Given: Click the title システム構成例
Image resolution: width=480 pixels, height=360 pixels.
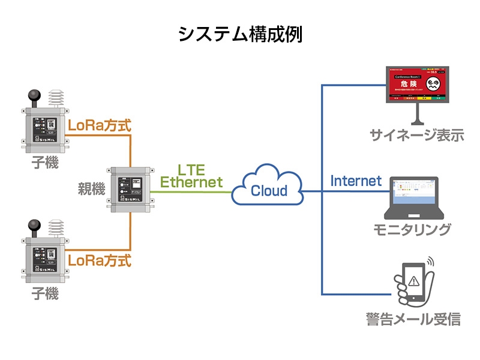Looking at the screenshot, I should (x=240, y=34).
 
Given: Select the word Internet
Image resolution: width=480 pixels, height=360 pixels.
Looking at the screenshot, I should (x=356, y=180).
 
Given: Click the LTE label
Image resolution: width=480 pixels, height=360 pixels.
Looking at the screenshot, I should (x=191, y=169).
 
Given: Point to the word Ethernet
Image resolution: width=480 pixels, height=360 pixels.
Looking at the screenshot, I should (x=191, y=182).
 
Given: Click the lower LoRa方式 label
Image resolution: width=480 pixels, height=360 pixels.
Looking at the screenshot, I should (x=100, y=261).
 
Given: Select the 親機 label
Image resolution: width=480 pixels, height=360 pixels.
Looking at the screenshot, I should (x=91, y=188).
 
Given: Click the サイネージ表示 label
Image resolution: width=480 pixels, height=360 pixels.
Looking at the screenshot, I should (x=417, y=135).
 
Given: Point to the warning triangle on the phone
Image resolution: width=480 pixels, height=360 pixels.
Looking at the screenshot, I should (x=413, y=280).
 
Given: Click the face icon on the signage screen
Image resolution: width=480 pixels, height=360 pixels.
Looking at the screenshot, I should (x=437, y=84).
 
